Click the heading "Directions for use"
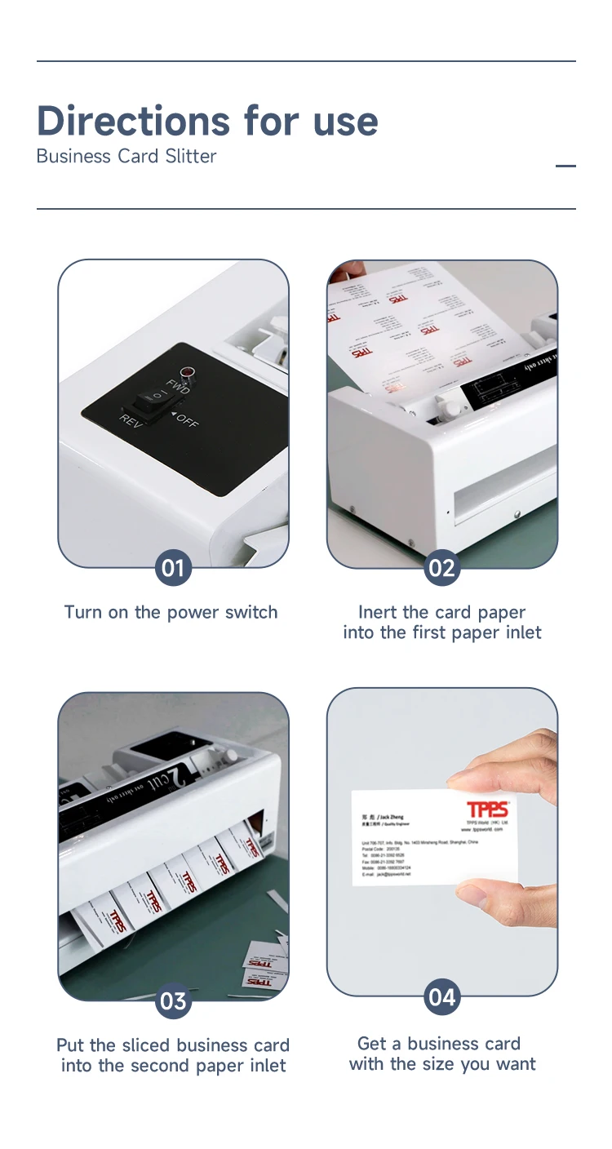pyautogui.click(x=207, y=121)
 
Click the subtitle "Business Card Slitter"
pyautogui.click(x=126, y=157)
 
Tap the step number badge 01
pyautogui.click(x=173, y=567)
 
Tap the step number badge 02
pyautogui.click(x=441, y=567)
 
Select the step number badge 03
pyautogui.click(x=173, y=1000)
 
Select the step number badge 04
pyautogui.click(x=441, y=997)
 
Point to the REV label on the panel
pyautogui.click(x=131, y=421)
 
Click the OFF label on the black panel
pyautogui.click(x=187, y=422)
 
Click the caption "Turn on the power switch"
pyautogui.click(x=171, y=612)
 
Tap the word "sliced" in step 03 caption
pyautogui.click(x=147, y=1045)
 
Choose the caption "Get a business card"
pyautogui.click(x=439, y=1044)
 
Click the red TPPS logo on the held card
pyautogui.click(x=487, y=809)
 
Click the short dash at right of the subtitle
pyautogui.click(x=565, y=166)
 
